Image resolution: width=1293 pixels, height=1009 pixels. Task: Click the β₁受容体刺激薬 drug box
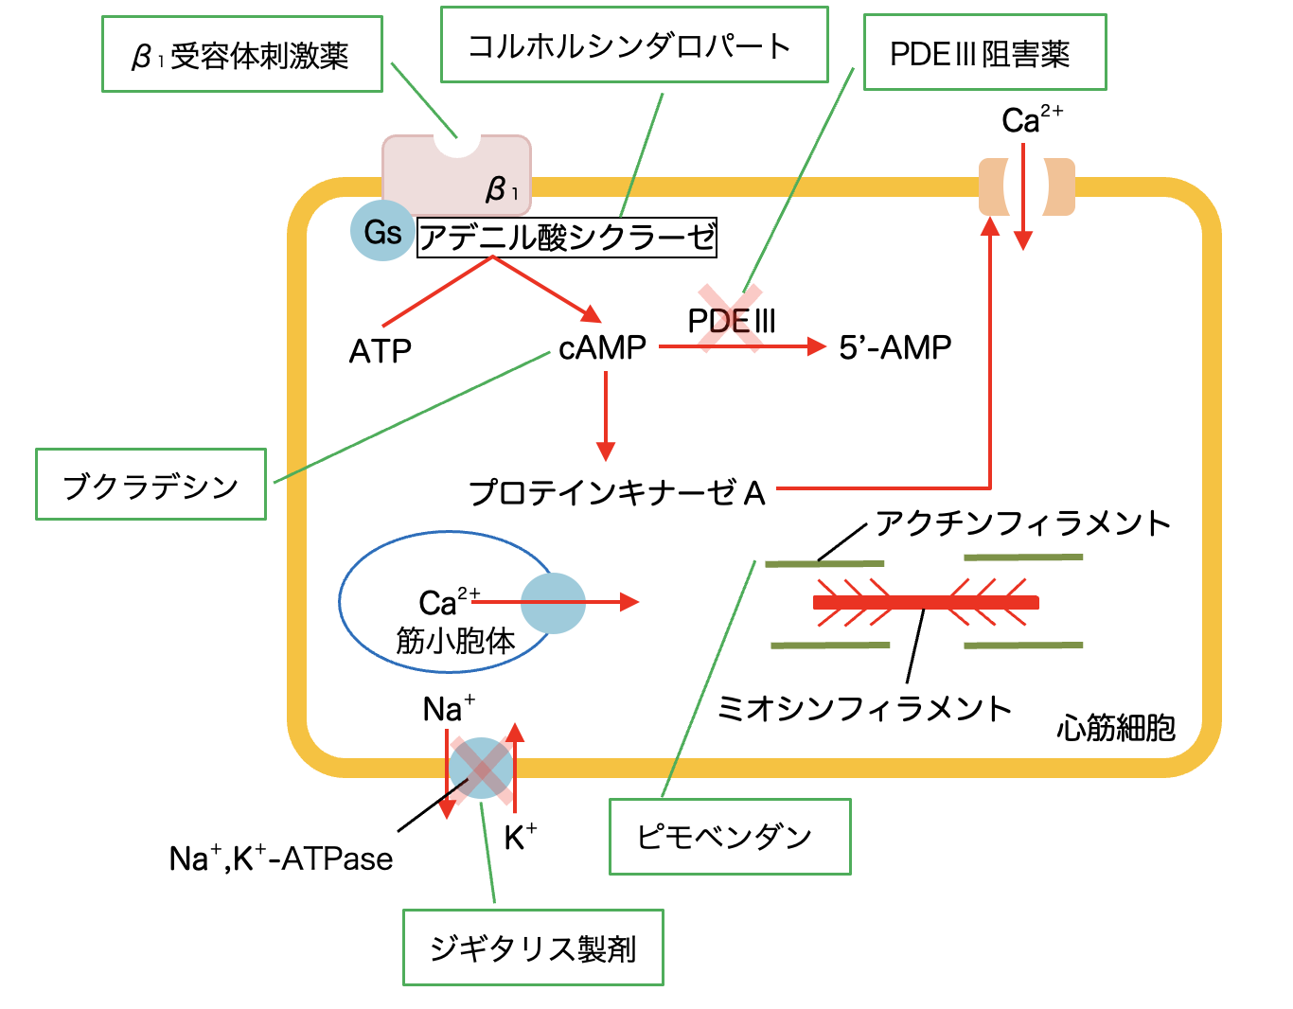coord(241,55)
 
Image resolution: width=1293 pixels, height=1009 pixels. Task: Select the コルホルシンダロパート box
coord(633,45)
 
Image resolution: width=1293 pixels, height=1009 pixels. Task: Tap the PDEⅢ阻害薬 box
coord(984,53)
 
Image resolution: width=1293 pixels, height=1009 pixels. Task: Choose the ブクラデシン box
coord(151,485)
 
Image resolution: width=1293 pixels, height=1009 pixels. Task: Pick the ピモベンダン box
coord(729,837)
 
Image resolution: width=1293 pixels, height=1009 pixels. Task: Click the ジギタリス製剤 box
coord(533,947)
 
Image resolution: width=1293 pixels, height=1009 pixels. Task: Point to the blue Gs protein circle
coord(382,231)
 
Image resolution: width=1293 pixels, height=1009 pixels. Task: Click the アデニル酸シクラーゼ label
coord(567,237)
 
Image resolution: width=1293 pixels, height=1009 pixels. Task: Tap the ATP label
coord(381,352)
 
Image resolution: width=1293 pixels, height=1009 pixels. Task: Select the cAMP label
coord(602,347)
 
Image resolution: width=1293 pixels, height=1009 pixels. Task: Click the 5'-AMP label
coord(894,347)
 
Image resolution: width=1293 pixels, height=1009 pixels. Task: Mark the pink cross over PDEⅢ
coord(730,319)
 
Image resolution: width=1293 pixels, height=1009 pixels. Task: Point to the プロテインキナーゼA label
coord(617,492)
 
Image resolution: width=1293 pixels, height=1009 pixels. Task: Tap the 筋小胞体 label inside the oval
coord(455,641)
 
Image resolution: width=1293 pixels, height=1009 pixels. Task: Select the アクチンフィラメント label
coord(1023,522)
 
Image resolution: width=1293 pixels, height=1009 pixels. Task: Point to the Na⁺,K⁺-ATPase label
coord(281,859)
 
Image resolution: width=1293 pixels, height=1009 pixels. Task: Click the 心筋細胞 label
coord(1116,728)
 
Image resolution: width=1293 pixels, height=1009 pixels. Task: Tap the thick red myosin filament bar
coord(926,602)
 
